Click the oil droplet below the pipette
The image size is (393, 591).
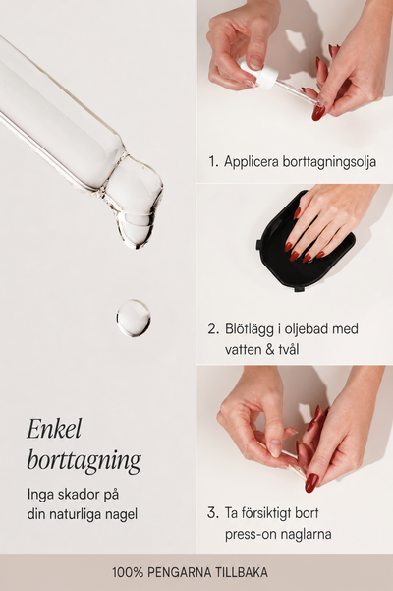(x=134, y=318)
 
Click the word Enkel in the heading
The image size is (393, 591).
(x=54, y=429)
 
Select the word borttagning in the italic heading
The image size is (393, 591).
(x=84, y=460)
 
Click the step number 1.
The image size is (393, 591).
(x=212, y=161)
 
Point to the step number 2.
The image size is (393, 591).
(x=213, y=328)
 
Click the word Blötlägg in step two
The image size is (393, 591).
(x=249, y=329)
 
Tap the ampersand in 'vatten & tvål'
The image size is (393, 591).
(x=270, y=350)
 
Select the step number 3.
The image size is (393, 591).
(x=212, y=513)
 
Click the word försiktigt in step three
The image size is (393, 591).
(x=266, y=513)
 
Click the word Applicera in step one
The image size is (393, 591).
(x=252, y=162)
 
